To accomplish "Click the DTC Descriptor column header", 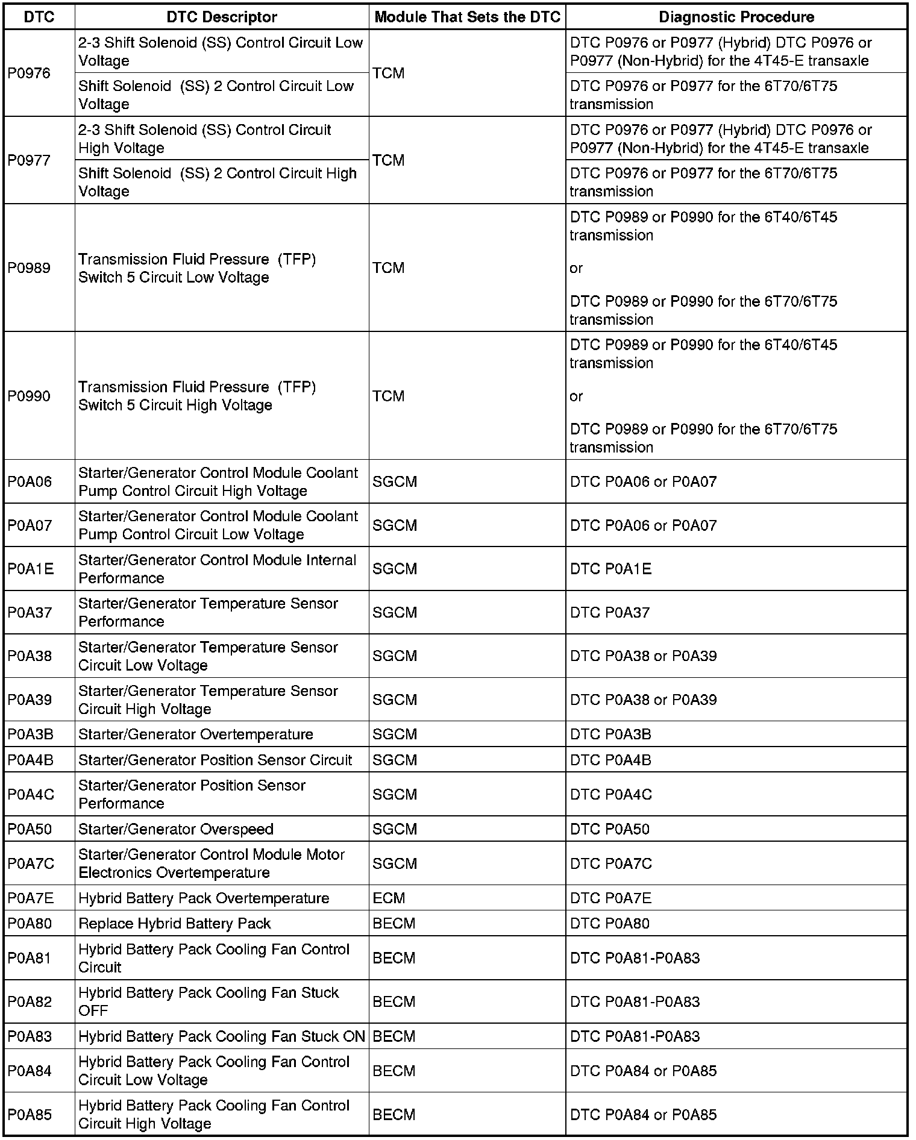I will (x=221, y=17).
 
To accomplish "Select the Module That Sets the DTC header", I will (x=467, y=17).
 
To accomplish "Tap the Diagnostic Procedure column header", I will (x=736, y=17).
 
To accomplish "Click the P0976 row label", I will (x=29, y=74).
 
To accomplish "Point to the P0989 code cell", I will (x=29, y=268).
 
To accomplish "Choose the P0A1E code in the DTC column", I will (x=31, y=569).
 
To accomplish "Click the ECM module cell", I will (x=389, y=898).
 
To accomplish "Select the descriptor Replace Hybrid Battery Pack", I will (x=175, y=924).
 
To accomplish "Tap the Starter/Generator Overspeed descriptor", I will (x=176, y=829).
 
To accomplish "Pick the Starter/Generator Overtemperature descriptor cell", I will (x=196, y=734).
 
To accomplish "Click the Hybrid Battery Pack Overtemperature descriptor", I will (x=204, y=898).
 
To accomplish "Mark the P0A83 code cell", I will (x=30, y=1037).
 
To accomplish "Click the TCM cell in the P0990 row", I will (x=389, y=396).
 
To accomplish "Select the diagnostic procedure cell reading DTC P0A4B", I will (x=610, y=760).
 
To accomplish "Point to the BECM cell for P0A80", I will (x=394, y=924).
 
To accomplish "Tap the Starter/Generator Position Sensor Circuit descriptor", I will (x=215, y=760).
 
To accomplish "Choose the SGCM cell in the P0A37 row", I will (x=395, y=612).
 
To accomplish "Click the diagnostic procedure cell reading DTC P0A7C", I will (x=611, y=863).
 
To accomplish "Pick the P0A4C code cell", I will (x=31, y=795).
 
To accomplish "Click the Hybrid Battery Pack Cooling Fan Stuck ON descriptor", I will (x=222, y=1037).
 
